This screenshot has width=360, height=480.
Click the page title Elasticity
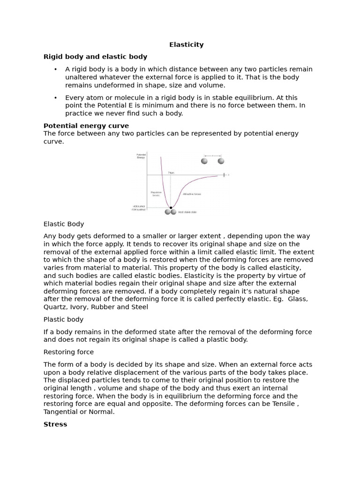pyautogui.click(x=186, y=45)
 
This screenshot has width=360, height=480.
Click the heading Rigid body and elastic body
pyautogui.click(x=95, y=57)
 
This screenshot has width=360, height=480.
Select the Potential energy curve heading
pyautogui.click(x=86, y=126)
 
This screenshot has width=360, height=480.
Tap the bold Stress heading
pyautogui.click(x=55, y=424)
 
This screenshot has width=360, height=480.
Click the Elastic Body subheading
pyautogui.click(x=64, y=224)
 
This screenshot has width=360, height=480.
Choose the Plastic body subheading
pyautogui.click(x=63, y=319)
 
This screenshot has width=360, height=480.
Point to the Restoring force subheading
pyautogui.click(x=68, y=352)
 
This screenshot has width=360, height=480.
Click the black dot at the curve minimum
pyautogui.click(x=171, y=207)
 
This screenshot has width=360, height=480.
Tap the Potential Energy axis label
pyautogui.click(x=141, y=156)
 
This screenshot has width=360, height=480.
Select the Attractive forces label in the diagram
pyautogui.click(x=192, y=194)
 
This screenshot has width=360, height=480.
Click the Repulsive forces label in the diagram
pyautogui.click(x=156, y=193)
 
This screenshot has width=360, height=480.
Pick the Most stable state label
pyautogui.click(x=187, y=212)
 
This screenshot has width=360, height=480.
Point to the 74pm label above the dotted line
pyautogui.click(x=171, y=172)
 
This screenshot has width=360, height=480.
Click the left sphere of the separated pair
pyautogui.click(x=204, y=161)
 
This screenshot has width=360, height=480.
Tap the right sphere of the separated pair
pyautogui.click(x=221, y=161)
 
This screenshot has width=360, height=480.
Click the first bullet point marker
pyautogui.click(x=55, y=69)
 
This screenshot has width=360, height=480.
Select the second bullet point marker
pyautogui.click(x=55, y=97)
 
